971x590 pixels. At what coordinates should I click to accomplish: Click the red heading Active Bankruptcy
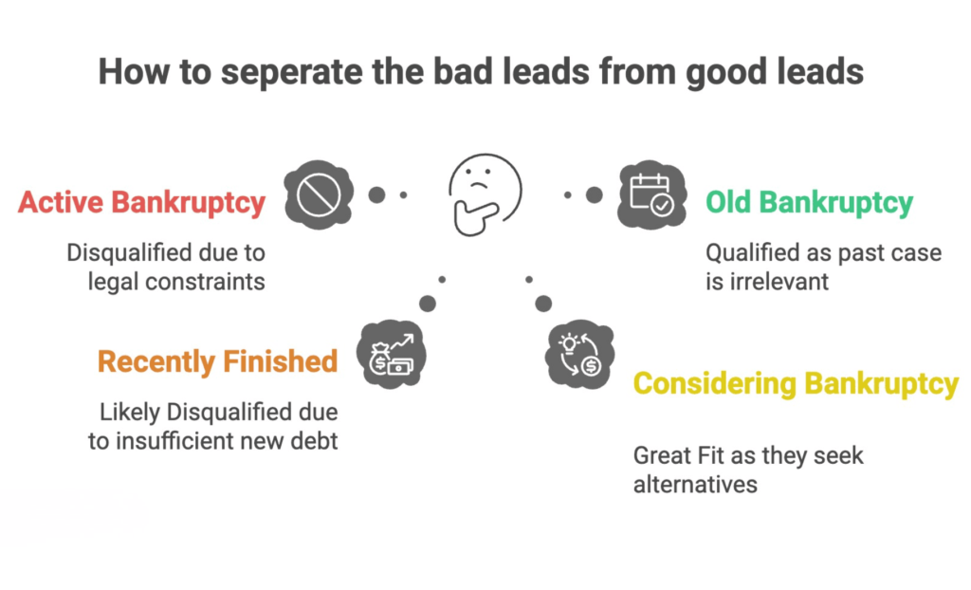[x=141, y=203]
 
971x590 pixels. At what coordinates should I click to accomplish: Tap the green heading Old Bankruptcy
[x=809, y=202]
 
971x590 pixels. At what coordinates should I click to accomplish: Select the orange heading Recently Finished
[x=217, y=361]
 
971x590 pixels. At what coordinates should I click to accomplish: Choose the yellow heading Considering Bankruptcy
[x=796, y=384]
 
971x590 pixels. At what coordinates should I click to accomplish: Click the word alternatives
[x=695, y=484]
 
